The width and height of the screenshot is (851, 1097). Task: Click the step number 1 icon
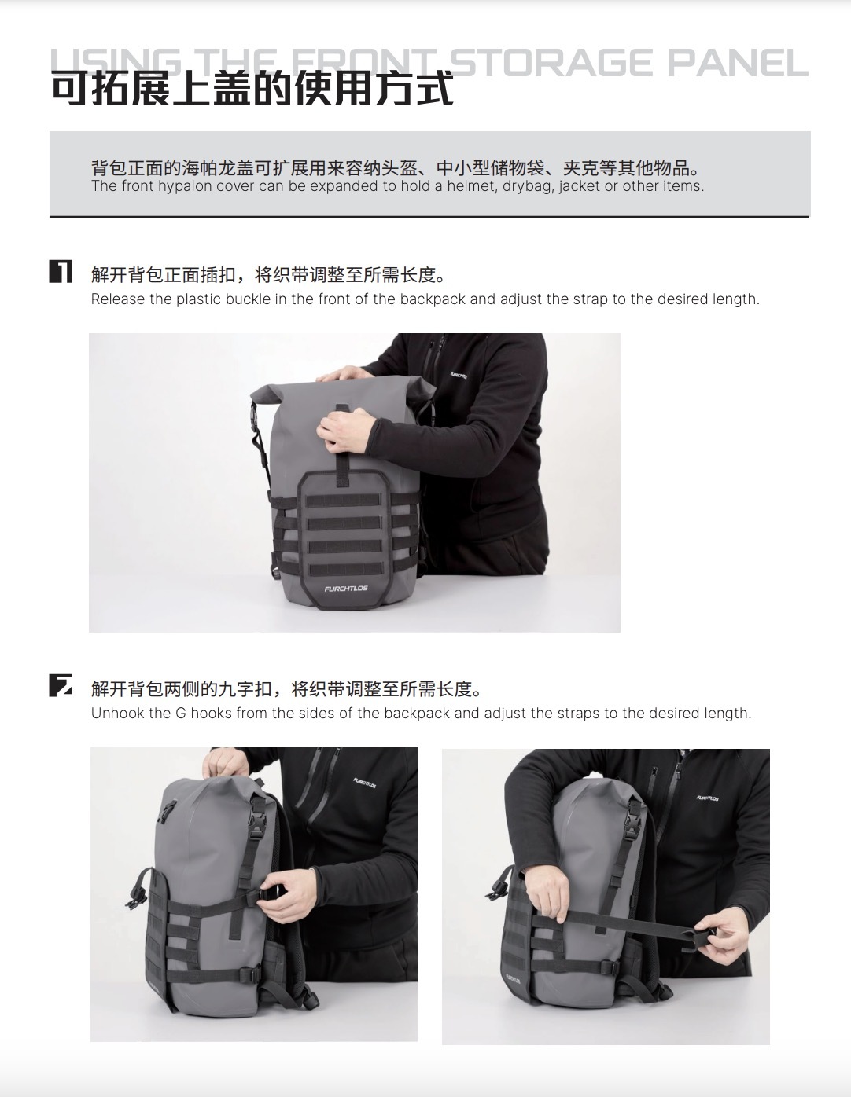(61, 271)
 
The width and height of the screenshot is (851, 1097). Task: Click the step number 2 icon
(61, 685)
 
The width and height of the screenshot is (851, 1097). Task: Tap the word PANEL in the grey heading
(738, 63)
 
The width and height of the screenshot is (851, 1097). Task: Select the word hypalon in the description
(185, 186)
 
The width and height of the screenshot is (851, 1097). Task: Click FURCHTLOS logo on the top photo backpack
(346, 589)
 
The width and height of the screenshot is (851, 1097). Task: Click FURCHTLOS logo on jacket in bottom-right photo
(707, 798)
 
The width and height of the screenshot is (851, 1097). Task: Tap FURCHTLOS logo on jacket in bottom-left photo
(364, 783)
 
